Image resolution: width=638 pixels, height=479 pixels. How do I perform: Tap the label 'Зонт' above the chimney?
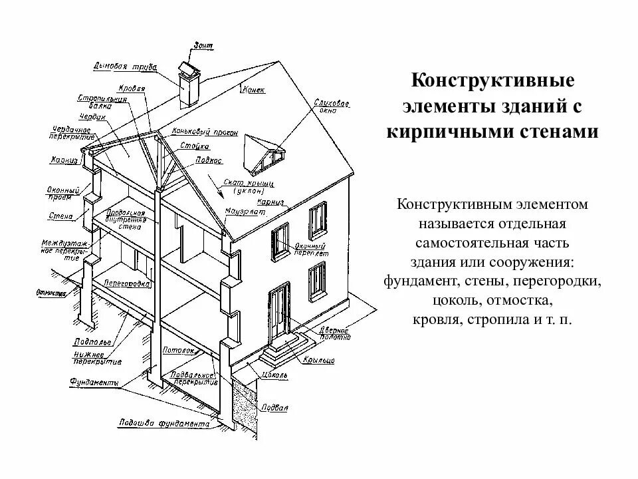(x=203, y=45)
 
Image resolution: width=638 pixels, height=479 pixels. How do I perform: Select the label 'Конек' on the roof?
(x=254, y=88)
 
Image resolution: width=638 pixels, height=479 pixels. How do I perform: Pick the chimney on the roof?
(x=189, y=86)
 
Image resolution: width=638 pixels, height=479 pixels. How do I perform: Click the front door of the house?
(x=280, y=314)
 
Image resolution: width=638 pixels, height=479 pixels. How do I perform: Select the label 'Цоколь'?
(x=274, y=376)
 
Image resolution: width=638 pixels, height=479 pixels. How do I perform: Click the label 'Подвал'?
(x=274, y=408)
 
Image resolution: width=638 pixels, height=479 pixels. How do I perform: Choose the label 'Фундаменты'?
(x=95, y=383)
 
